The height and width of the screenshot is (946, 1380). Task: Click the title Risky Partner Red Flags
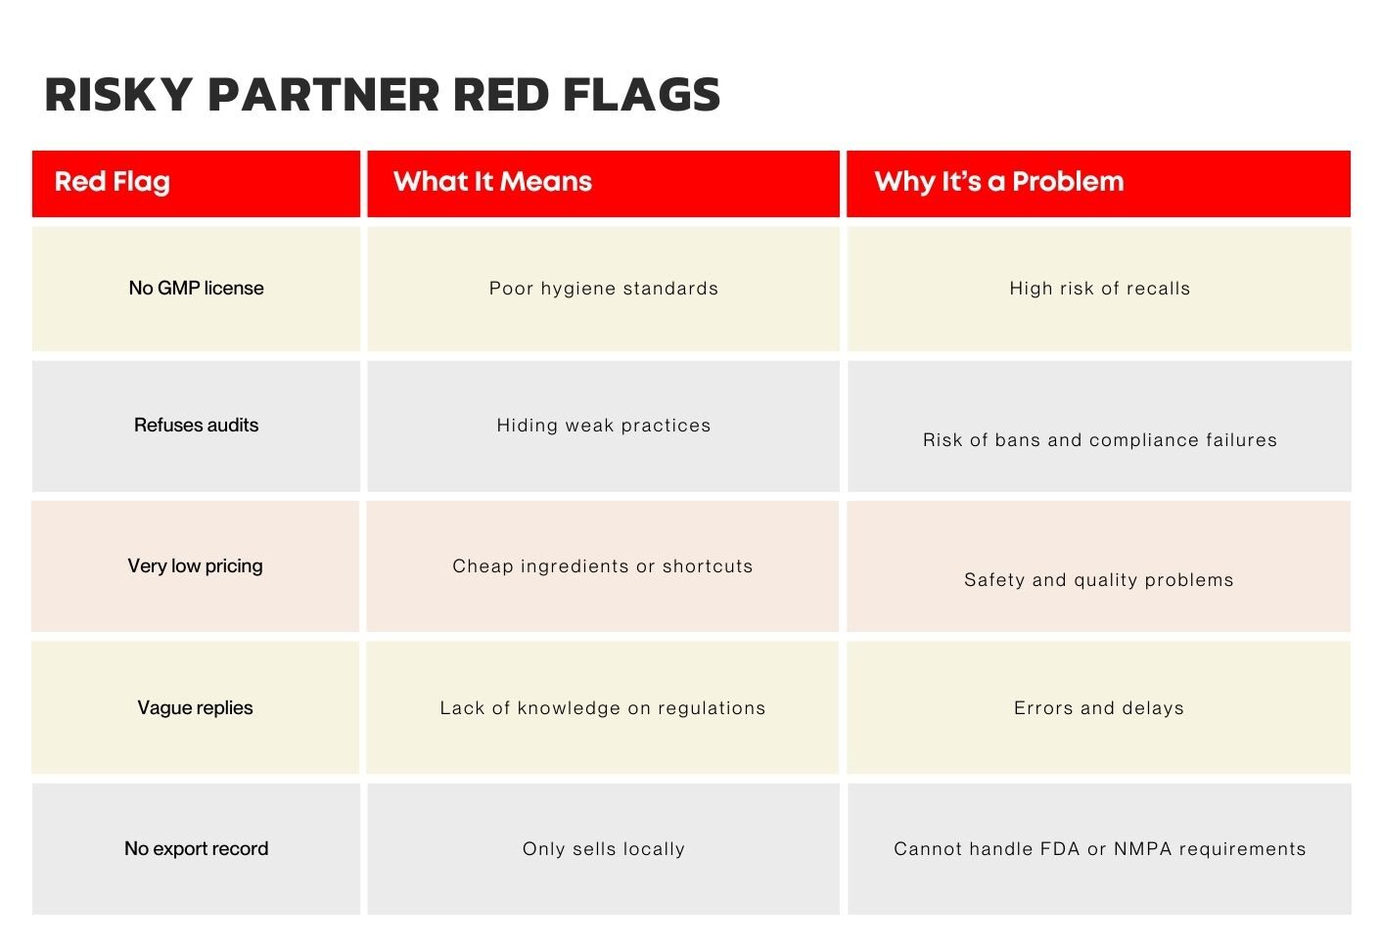tap(382, 95)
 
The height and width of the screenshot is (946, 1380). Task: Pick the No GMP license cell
tap(196, 288)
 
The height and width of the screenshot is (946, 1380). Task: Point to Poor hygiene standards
tap(603, 289)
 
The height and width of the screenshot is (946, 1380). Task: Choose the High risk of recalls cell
tap(1099, 289)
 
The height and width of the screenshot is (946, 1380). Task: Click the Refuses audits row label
tap(196, 425)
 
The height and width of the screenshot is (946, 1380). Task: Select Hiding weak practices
tap(603, 425)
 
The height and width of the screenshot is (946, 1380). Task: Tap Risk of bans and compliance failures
tap(1100, 440)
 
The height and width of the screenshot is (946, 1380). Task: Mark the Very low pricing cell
tap(196, 565)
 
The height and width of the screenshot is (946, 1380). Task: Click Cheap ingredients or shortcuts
tap(603, 566)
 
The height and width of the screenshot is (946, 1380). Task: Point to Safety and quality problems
tap(1099, 579)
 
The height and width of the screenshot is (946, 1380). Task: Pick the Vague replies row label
tap(195, 707)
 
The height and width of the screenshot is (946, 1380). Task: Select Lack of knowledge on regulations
tap(603, 707)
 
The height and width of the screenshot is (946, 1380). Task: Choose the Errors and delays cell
tap(1099, 707)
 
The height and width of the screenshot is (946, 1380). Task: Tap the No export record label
tap(196, 848)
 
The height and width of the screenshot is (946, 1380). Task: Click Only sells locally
tap(603, 849)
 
